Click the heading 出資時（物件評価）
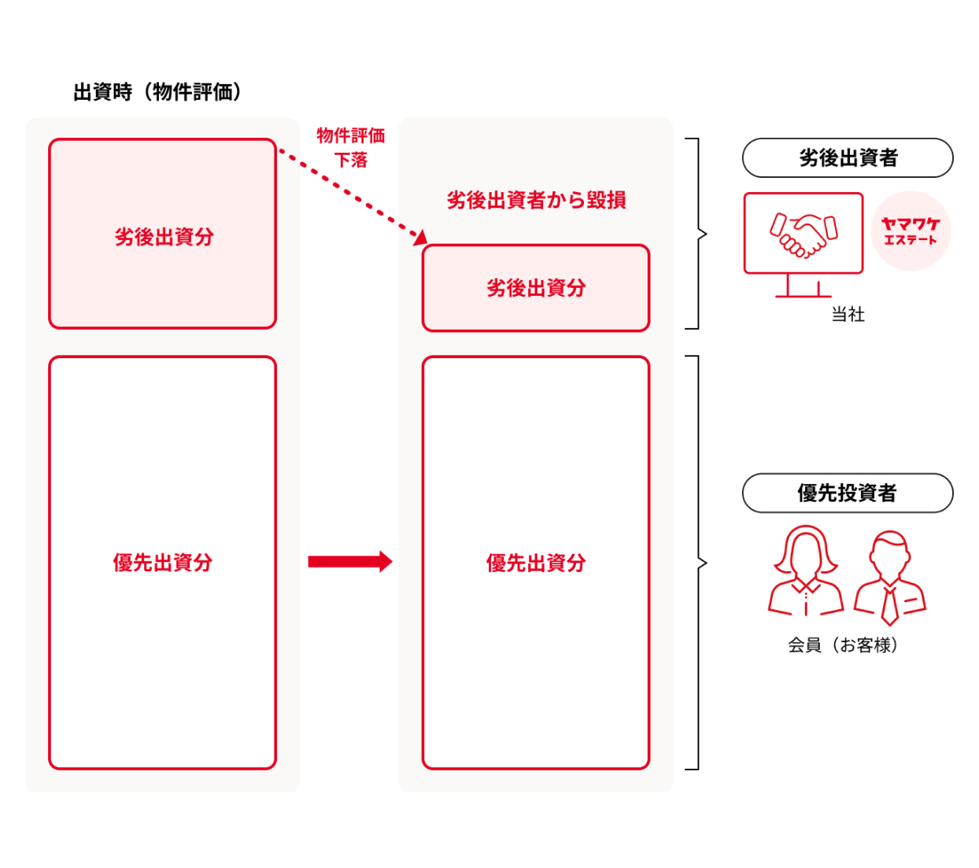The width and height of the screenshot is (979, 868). (157, 92)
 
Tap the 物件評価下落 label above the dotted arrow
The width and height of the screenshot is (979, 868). (351, 147)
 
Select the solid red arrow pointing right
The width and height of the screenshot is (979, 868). (350, 561)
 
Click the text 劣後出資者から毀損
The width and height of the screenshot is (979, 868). (536, 200)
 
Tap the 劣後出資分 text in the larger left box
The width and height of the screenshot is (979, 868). (164, 237)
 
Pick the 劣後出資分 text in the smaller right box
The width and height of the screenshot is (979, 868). (536, 288)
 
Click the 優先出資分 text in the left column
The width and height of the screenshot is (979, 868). (162, 563)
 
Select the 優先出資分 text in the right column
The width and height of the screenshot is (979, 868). (536, 563)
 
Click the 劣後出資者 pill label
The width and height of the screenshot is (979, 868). (848, 158)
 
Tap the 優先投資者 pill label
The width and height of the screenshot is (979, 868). (848, 493)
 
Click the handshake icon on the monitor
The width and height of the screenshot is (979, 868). (804, 234)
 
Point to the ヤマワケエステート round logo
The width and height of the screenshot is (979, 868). (911, 231)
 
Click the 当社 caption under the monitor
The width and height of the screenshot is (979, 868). (848, 315)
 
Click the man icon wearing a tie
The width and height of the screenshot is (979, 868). (890, 577)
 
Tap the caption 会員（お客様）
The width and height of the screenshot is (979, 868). (843, 645)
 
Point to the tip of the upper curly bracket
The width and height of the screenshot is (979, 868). (706, 234)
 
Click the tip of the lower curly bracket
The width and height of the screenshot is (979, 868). (706, 563)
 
